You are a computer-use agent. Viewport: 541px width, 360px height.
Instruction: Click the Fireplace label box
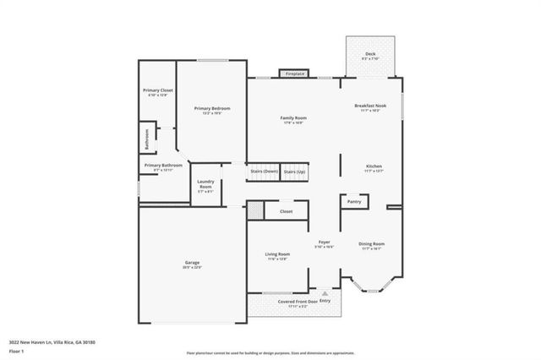pyautogui.click(x=294, y=74)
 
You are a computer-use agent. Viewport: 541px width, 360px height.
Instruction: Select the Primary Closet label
pyautogui.click(x=157, y=90)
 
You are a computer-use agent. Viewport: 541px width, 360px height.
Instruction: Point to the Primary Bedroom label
pyautogui.click(x=211, y=109)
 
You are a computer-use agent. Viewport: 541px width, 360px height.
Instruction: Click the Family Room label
pyautogui.click(x=293, y=118)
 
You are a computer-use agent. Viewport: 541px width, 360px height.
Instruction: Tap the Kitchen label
pyautogui.click(x=374, y=166)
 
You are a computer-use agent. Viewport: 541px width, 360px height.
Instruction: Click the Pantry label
pyautogui.click(x=353, y=201)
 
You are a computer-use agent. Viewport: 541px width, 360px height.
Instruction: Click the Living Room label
pyautogui.click(x=277, y=254)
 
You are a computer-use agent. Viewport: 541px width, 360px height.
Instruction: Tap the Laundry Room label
pyautogui.click(x=205, y=184)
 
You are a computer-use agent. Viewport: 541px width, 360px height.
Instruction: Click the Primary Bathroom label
pyautogui.click(x=162, y=166)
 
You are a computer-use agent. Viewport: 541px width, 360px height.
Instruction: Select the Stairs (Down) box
pyautogui.click(x=263, y=172)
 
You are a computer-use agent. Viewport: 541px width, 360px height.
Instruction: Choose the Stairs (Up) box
pyautogui.click(x=295, y=172)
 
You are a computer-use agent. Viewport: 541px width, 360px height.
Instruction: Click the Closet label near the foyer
pyautogui.click(x=286, y=211)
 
